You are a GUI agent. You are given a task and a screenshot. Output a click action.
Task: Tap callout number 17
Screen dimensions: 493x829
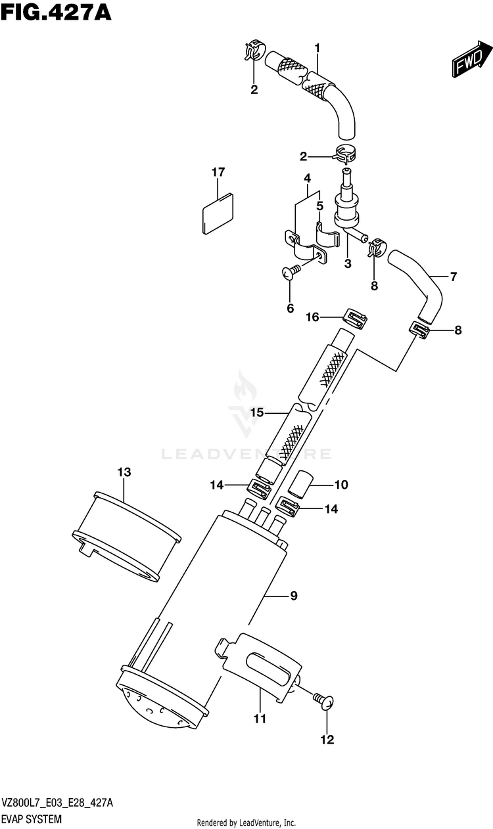click(x=218, y=172)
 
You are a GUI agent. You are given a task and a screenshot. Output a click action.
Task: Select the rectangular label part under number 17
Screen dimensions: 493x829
click(x=218, y=215)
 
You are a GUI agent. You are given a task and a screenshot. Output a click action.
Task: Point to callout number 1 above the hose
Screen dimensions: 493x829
click(x=317, y=49)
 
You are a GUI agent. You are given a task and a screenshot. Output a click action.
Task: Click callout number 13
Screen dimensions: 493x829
click(x=124, y=472)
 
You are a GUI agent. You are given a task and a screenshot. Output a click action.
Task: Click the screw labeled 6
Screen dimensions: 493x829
click(x=291, y=273)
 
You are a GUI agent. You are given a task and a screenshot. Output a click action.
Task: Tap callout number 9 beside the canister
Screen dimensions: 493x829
click(x=293, y=596)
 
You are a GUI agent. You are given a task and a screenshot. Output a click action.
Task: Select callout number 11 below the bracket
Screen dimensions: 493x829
click(x=260, y=719)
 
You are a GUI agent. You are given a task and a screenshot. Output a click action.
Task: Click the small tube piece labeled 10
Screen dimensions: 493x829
click(x=300, y=483)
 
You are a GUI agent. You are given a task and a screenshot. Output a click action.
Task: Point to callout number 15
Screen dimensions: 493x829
click(x=256, y=413)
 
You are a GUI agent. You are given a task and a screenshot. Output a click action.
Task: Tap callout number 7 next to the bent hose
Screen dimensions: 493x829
click(x=454, y=277)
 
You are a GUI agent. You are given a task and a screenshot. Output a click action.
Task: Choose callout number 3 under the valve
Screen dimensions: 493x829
click(x=348, y=264)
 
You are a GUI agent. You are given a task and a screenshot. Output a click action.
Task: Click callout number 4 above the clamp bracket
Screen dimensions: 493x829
click(x=307, y=179)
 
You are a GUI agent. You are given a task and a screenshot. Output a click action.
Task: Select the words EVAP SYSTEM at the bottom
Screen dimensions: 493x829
click(x=32, y=818)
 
